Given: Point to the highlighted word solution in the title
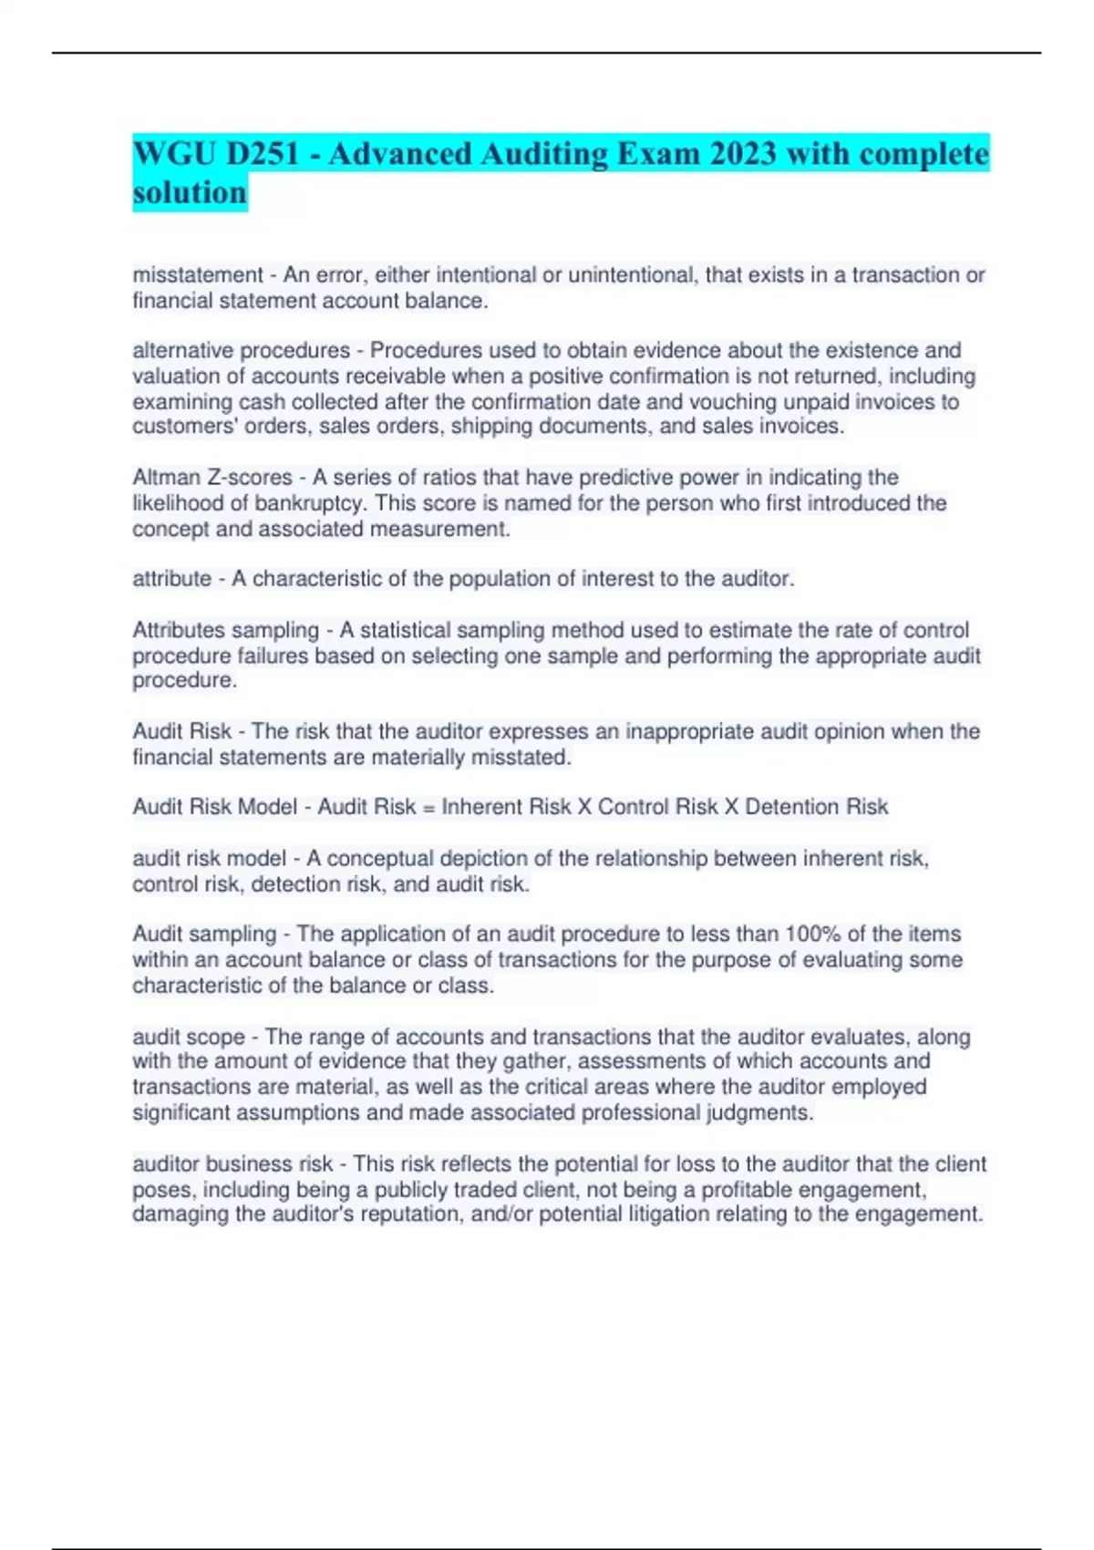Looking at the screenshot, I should point(190,192).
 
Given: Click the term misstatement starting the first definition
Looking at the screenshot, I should point(198,274).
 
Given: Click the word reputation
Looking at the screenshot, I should point(411,1214).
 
